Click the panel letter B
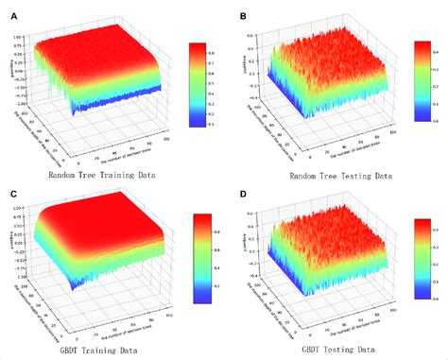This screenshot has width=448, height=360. click(x=243, y=16)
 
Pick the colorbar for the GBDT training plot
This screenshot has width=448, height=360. click(x=201, y=258)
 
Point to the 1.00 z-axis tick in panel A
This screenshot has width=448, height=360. click(x=17, y=37)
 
